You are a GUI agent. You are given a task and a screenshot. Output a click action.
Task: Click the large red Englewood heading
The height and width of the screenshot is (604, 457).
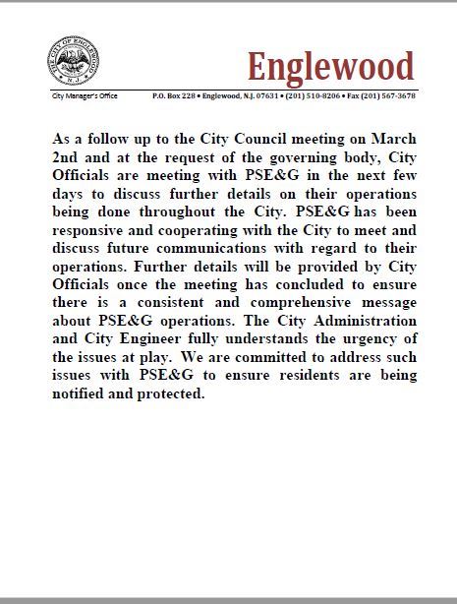point(330,66)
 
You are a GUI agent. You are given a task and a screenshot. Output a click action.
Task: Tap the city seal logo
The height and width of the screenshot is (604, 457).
point(70,65)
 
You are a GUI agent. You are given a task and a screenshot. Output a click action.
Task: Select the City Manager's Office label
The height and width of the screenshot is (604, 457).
point(85,96)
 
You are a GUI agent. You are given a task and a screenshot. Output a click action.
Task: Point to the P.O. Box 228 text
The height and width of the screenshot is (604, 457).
point(173,96)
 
